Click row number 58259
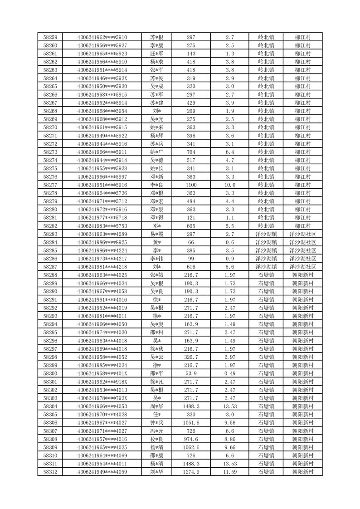click(x=50, y=37)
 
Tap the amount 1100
click(x=191, y=185)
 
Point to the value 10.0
click(x=229, y=185)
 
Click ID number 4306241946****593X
click(x=102, y=78)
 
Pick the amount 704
click(x=191, y=152)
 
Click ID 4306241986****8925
click(x=102, y=242)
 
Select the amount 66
click(x=191, y=242)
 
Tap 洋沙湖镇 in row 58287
click(x=266, y=267)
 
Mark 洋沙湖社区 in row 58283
click(x=302, y=234)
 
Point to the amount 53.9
click(x=191, y=373)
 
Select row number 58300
click(x=50, y=373)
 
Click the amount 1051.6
click(x=191, y=422)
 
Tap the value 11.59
click(x=229, y=472)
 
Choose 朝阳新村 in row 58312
click(x=302, y=472)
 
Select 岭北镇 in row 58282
click(x=266, y=225)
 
